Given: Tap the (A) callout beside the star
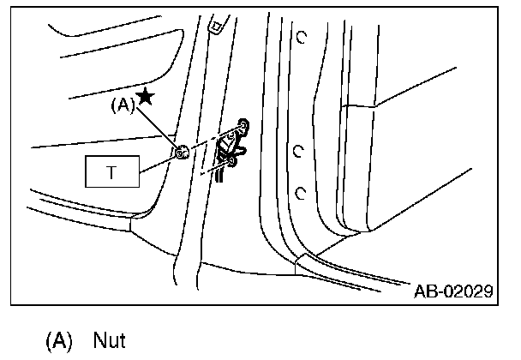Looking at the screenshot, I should (123, 107).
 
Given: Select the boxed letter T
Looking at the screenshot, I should (111, 172).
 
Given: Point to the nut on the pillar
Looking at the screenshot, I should (181, 153).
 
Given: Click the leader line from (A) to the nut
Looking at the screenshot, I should (159, 129).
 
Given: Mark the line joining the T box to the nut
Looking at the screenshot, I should (159, 163).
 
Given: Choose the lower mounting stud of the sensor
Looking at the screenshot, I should (233, 159).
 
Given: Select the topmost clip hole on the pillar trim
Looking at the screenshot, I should (302, 37).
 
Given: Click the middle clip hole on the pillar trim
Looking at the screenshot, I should (297, 152).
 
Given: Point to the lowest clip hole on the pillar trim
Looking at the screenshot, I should (301, 191).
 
